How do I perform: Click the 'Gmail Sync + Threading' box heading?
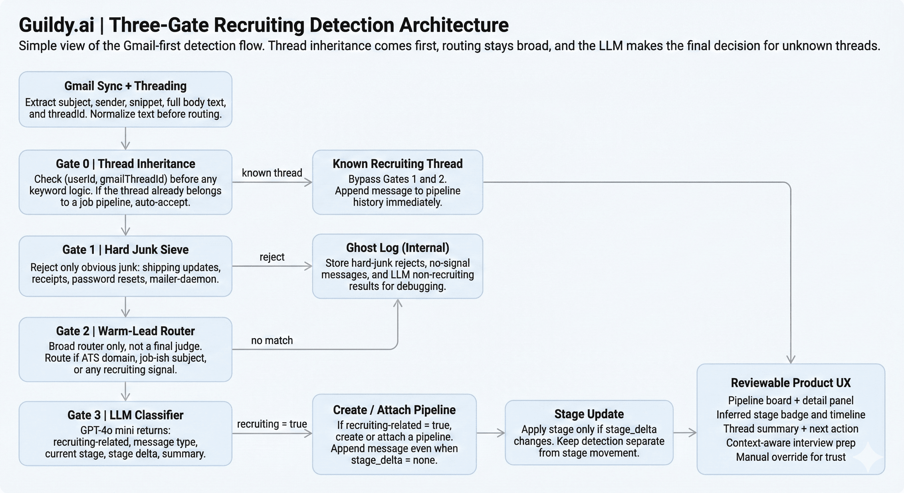coord(125,86)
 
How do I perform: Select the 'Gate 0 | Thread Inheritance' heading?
coord(125,164)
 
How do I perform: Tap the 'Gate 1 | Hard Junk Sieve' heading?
coord(125,250)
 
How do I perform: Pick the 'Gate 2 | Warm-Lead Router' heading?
coord(125,331)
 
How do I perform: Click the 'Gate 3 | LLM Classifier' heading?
coord(125,415)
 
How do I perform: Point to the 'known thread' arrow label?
coord(272,173)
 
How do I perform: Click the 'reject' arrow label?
coord(272,257)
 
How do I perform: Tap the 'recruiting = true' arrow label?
coord(272,424)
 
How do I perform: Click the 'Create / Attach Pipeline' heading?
coord(394,410)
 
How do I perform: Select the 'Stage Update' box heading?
coord(589,414)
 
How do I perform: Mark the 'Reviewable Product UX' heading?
coord(791,383)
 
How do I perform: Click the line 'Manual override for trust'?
coord(791,457)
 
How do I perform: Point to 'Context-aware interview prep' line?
coord(791,443)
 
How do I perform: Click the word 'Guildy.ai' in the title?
coord(56,25)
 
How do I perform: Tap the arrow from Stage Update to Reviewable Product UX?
coord(685,433)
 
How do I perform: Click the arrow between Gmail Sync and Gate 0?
coord(125,139)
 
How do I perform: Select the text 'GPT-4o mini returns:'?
coord(125,430)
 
